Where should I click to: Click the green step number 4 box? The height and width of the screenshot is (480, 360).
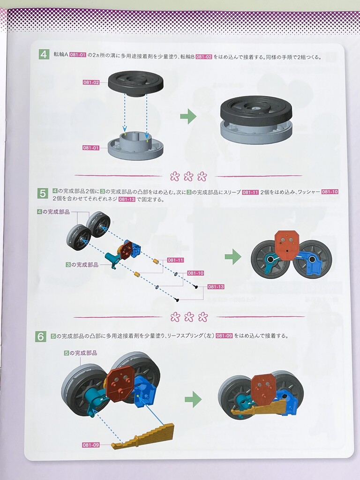[44, 55]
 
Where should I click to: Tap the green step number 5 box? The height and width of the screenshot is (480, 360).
[42, 194]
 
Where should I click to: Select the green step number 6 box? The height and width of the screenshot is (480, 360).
[41, 337]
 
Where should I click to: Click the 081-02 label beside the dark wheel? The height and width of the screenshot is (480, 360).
[91, 82]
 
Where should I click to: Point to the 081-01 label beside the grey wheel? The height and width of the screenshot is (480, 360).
[91, 148]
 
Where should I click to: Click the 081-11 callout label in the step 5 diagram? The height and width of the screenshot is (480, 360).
[175, 260]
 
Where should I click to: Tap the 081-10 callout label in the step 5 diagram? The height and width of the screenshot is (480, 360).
[195, 273]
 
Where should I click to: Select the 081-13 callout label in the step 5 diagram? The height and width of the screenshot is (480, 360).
[216, 287]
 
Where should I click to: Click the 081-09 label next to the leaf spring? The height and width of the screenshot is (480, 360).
[91, 445]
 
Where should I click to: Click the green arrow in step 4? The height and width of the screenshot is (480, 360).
[188, 116]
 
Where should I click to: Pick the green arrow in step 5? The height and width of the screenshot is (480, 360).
[233, 256]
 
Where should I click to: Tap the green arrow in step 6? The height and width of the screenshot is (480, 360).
[193, 399]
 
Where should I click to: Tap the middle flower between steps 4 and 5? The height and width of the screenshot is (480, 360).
[188, 176]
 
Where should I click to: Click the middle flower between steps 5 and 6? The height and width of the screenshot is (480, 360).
[189, 317]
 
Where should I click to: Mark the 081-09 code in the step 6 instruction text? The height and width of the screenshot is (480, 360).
[224, 336]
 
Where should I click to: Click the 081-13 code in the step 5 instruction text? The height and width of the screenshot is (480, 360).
[127, 199]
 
